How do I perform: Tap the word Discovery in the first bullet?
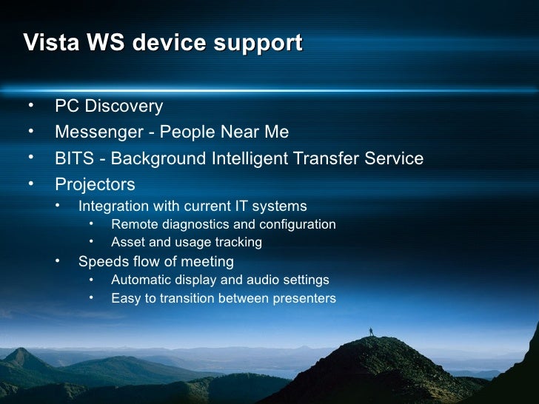click(x=124, y=106)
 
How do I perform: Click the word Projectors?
click(x=95, y=184)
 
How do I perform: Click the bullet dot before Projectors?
click(x=31, y=183)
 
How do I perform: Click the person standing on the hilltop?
click(x=371, y=331)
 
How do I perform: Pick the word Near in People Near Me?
click(x=236, y=132)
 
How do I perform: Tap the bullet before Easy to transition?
click(x=90, y=298)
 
